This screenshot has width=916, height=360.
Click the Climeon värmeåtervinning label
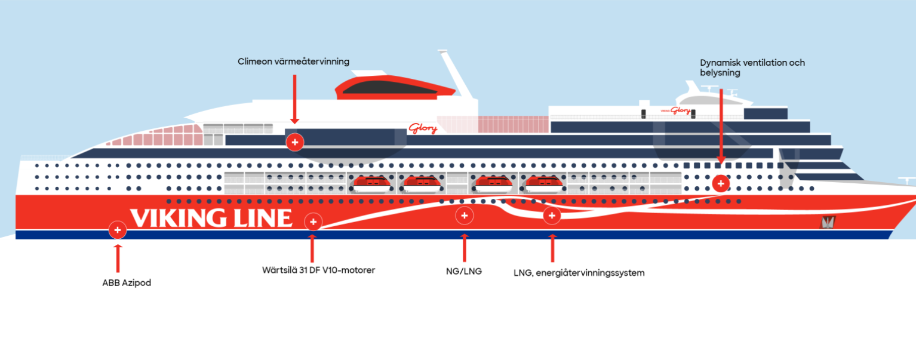pyautogui.click(x=293, y=61)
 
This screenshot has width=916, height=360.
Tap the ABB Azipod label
pyautogui.click(x=127, y=283)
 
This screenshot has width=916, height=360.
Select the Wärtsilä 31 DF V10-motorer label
pyautogui.click(x=318, y=270)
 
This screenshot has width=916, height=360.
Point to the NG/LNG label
pyautogui.click(x=464, y=271)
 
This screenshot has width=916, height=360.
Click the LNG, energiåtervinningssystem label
pyautogui.click(x=579, y=273)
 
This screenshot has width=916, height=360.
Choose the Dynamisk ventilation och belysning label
pyautogui.click(x=752, y=68)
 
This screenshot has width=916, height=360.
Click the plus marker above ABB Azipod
pyautogui.click(x=118, y=230)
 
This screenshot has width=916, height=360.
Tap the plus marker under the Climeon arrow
pyautogui.click(x=295, y=142)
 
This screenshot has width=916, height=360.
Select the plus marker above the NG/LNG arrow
pyautogui.click(x=465, y=216)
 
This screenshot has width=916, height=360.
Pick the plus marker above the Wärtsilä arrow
pyautogui.click(x=313, y=222)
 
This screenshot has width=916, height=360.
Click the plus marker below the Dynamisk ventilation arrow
pyautogui.click(x=721, y=183)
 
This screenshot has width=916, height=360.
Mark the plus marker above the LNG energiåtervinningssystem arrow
pyautogui.click(x=552, y=216)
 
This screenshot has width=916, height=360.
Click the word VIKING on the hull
pyautogui.click(x=178, y=218)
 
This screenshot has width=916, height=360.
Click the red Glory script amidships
pyautogui.click(x=423, y=129)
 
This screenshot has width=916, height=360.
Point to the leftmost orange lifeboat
pyautogui.click(x=371, y=184)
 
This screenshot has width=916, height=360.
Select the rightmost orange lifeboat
pyautogui.click(x=544, y=184)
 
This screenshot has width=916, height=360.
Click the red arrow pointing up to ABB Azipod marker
pyautogui.click(x=118, y=259)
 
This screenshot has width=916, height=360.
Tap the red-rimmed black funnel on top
pyautogui.click(x=395, y=87)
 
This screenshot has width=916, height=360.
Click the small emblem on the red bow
pyautogui.click(x=827, y=223)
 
